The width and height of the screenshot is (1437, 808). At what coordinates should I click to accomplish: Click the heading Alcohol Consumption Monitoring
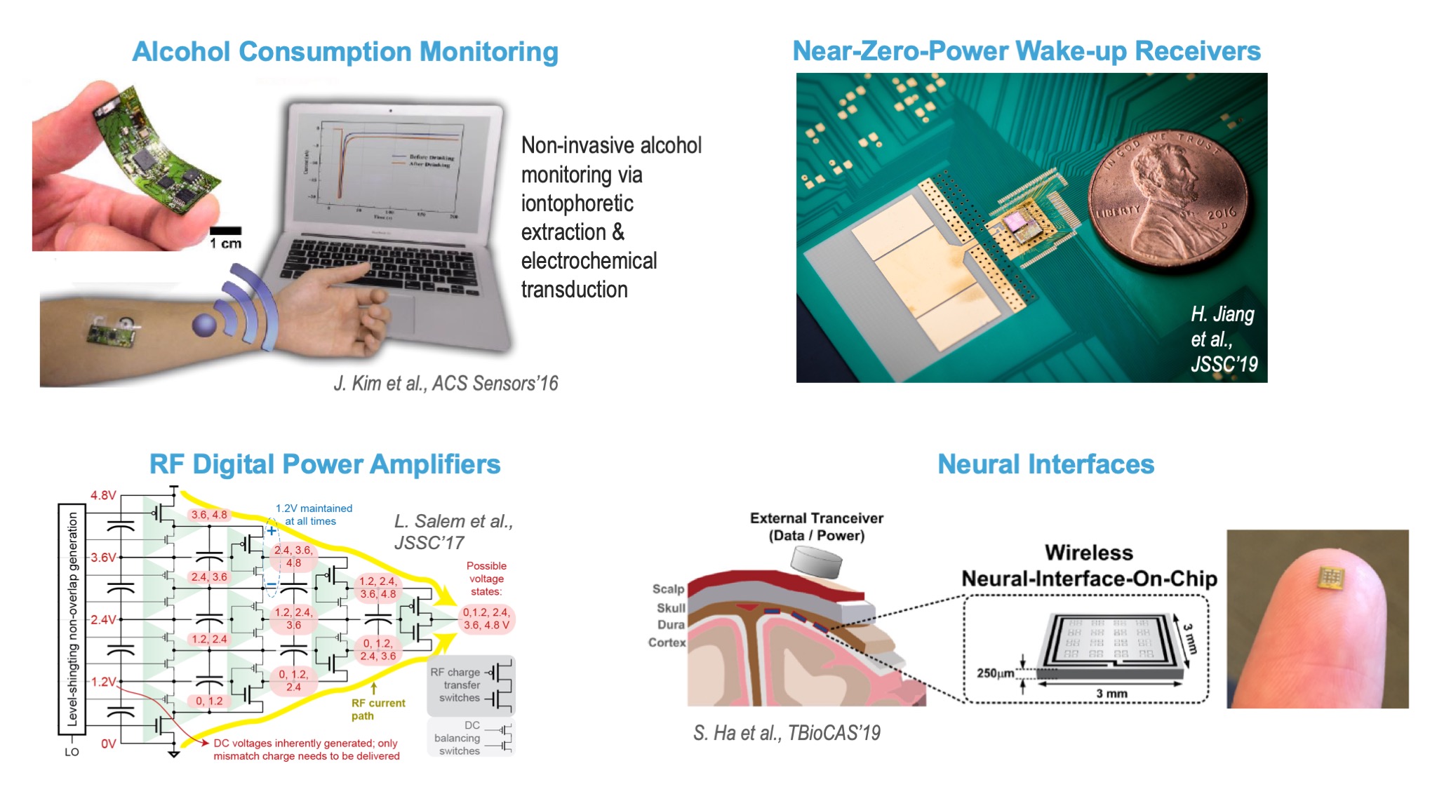pyautogui.click(x=345, y=52)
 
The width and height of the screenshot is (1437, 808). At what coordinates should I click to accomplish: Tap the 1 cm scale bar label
pyautogui.click(x=225, y=243)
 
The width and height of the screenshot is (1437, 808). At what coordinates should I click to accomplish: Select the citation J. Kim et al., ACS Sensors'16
pyautogui.click(x=446, y=383)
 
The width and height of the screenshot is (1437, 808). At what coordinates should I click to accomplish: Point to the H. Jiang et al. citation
pyautogui.click(x=1223, y=339)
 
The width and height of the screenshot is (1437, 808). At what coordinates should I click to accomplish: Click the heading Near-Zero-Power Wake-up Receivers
pyautogui.click(x=1027, y=51)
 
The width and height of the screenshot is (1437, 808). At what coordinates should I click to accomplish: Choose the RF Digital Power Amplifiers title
pyautogui.click(x=325, y=464)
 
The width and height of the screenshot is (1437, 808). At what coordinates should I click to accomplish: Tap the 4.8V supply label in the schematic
pyautogui.click(x=103, y=495)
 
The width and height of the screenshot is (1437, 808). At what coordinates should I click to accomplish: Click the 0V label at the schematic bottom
pyautogui.click(x=108, y=743)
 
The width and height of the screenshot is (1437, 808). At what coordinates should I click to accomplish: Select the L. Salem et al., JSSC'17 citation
pyautogui.click(x=453, y=532)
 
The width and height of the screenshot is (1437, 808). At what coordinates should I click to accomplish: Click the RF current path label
pyautogui.click(x=378, y=709)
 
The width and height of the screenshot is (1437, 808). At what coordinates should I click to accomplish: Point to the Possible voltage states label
pyautogui.click(x=486, y=579)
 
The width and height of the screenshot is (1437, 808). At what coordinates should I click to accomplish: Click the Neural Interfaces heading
pyautogui.click(x=1045, y=464)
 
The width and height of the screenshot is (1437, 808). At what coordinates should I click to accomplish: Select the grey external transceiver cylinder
pyautogui.click(x=816, y=562)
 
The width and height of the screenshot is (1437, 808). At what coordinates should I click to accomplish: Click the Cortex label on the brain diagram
pyautogui.click(x=667, y=642)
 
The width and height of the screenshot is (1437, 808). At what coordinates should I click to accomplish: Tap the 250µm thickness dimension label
pyautogui.click(x=995, y=673)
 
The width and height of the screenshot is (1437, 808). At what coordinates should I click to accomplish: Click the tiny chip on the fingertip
pyautogui.click(x=1329, y=578)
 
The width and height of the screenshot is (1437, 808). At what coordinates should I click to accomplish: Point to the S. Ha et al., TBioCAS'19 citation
pyautogui.click(x=787, y=733)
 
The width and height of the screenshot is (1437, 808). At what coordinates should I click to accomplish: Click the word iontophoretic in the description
pyautogui.click(x=577, y=203)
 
